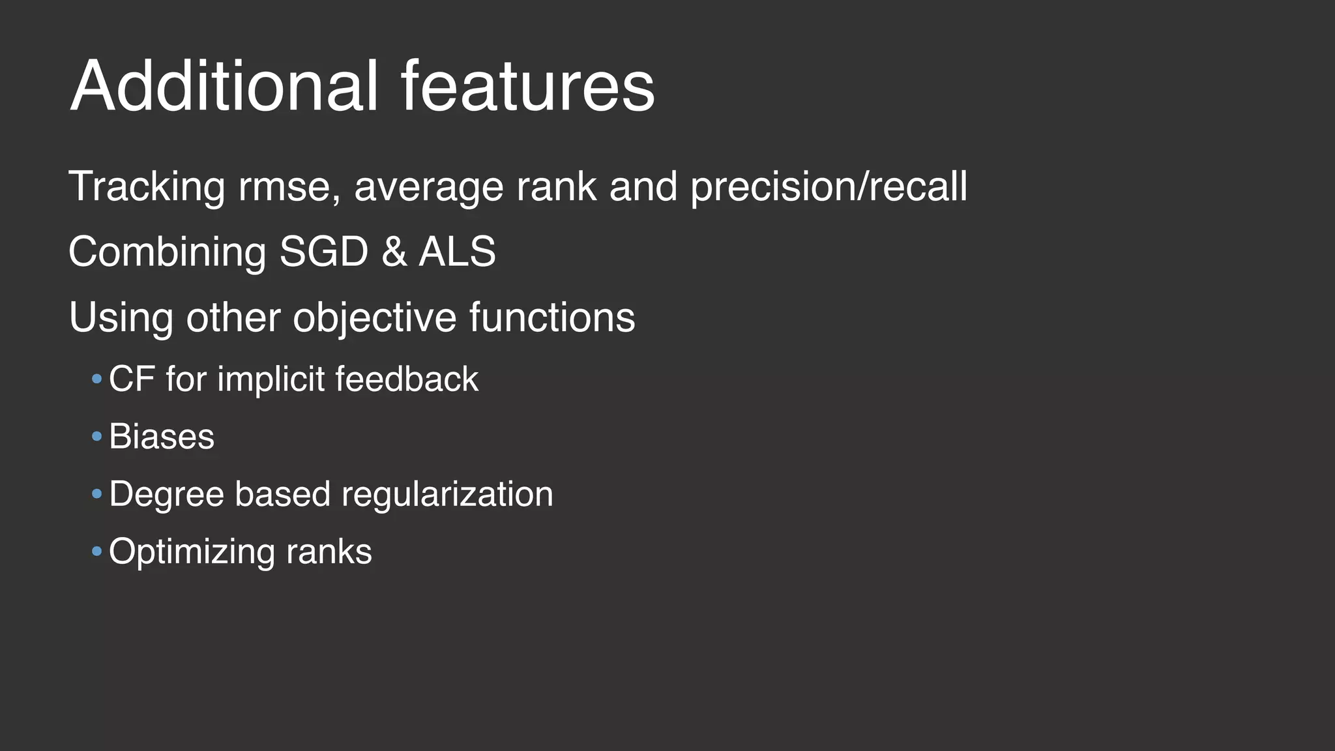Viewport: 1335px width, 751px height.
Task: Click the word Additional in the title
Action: point(224,86)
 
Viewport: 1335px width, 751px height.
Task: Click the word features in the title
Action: point(527,86)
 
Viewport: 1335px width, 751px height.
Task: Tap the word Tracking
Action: point(147,187)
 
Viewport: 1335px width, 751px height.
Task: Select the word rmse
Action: point(288,187)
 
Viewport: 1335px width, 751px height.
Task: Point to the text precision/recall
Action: point(829,187)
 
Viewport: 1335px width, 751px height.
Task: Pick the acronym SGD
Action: point(323,252)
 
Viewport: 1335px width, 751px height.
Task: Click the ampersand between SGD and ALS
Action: point(394,252)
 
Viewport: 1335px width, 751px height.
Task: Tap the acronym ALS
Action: point(457,252)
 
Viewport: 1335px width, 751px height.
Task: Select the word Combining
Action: point(167,253)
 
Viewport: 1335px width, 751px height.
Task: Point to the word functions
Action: point(551,317)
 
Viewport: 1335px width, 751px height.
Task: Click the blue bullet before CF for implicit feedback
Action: point(97,379)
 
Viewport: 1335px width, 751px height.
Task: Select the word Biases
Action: point(161,436)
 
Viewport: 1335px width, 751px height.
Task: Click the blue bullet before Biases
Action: point(97,436)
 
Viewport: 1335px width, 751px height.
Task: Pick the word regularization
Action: point(447,494)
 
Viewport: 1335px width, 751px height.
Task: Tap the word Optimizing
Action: point(192,552)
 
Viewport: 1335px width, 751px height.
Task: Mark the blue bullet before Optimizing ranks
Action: point(97,552)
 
